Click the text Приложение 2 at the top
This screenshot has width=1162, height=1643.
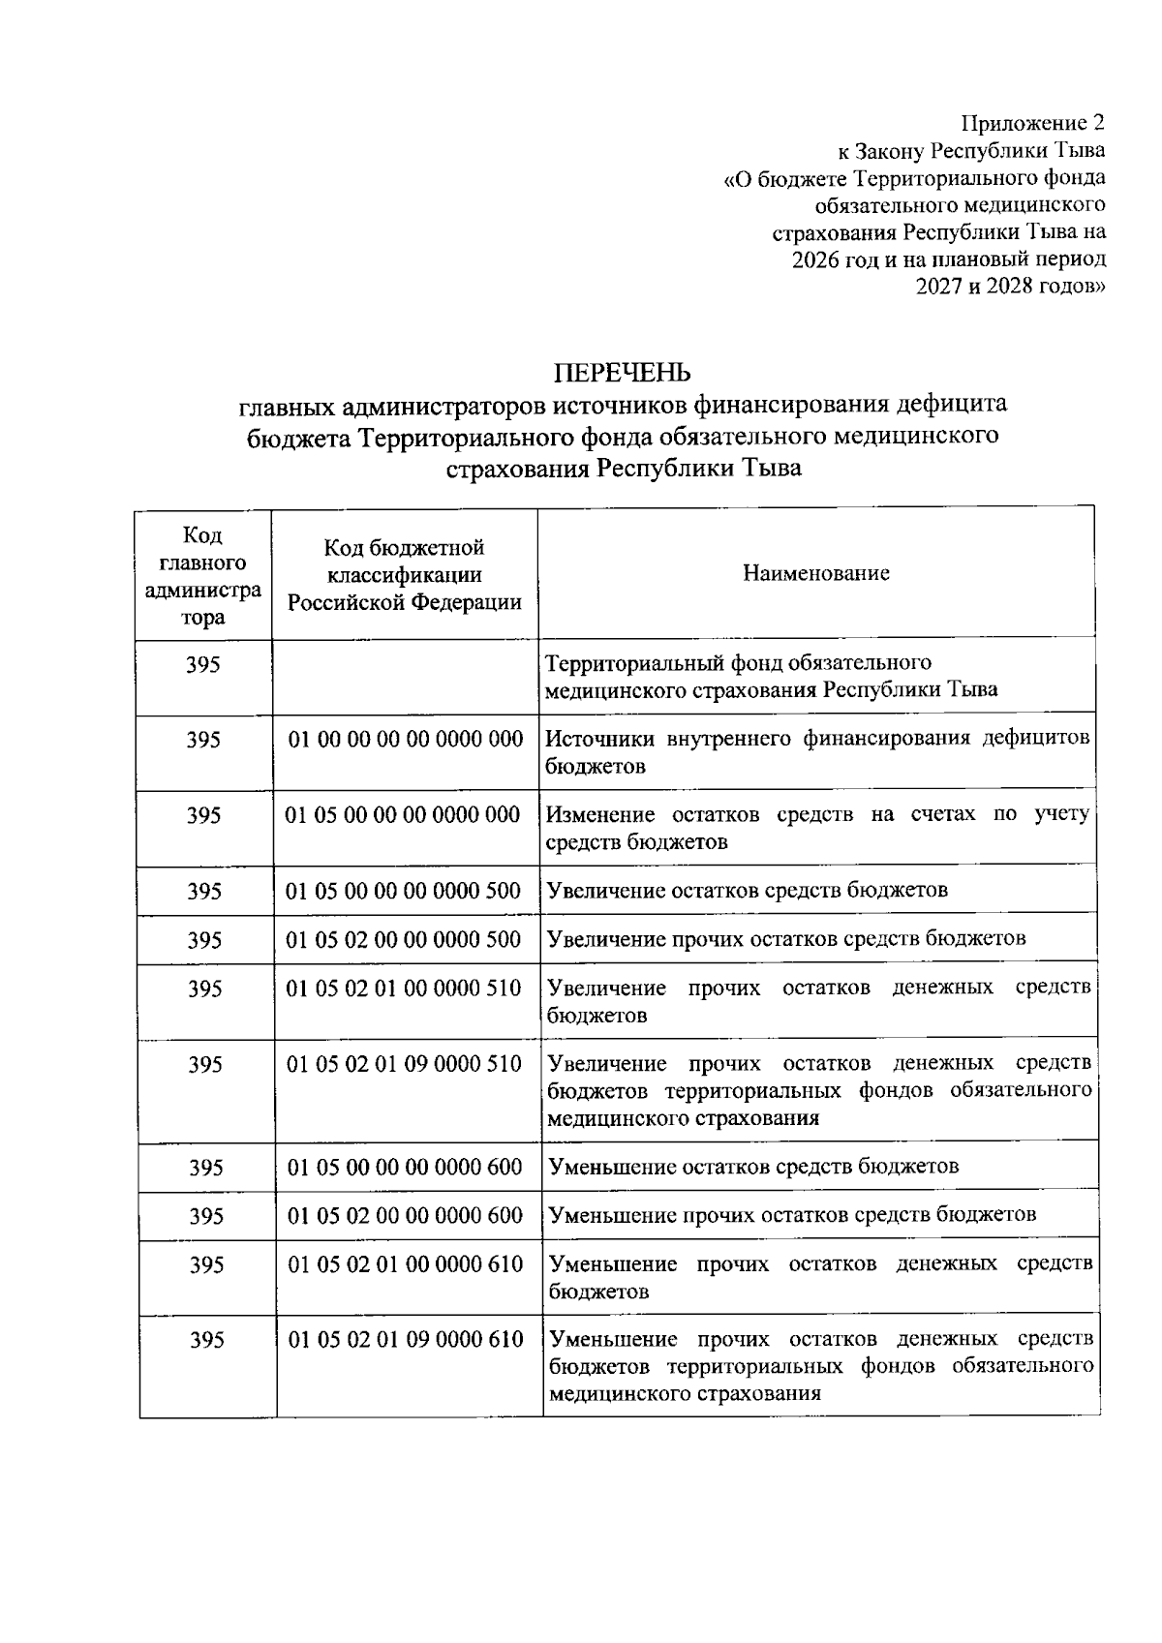(x=1031, y=123)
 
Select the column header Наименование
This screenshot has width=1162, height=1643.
(x=815, y=573)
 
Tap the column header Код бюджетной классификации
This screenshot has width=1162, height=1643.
(x=404, y=575)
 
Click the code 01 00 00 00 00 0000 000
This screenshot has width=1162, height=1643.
(x=406, y=740)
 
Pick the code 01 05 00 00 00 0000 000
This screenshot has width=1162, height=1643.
(x=403, y=815)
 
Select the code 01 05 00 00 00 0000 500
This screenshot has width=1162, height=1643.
(x=403, y=891)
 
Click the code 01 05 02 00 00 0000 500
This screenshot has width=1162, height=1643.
(x=403, y=939)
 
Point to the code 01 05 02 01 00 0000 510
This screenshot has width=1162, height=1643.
(x=404, y=989)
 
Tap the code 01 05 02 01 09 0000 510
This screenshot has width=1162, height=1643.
(x=404, y=1064)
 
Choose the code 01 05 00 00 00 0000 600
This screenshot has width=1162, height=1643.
(x=405, y=1168)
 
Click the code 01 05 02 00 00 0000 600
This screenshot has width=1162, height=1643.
(x=405, y=1216)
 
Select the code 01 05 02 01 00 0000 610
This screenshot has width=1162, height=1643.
(x=405, y=1264)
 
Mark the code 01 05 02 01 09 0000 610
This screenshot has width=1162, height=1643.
(x=405, y=1340)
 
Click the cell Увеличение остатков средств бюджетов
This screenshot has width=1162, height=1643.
(x=748, y=890)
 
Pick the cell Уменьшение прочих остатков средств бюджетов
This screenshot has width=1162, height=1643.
(x=792, y=1215)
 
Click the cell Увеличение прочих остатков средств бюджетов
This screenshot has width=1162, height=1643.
(x=786, y=938)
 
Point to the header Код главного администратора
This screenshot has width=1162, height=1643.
(x=202, y=576)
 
